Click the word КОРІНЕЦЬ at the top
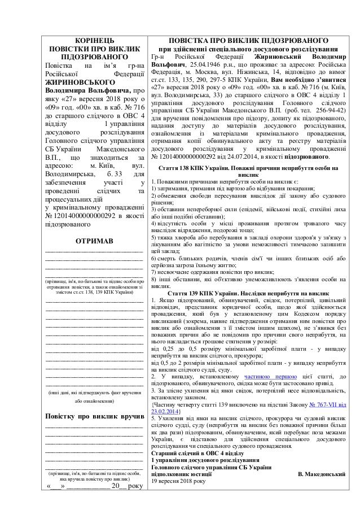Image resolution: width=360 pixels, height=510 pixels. (x=94, y=41)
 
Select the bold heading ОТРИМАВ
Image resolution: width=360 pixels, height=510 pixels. (x=94, y=241)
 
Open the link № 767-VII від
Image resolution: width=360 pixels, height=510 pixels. (x=328, y=406)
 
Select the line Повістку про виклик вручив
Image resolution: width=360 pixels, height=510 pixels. (x=94, y=416)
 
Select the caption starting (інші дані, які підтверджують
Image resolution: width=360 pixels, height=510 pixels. (x=94, y=392)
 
